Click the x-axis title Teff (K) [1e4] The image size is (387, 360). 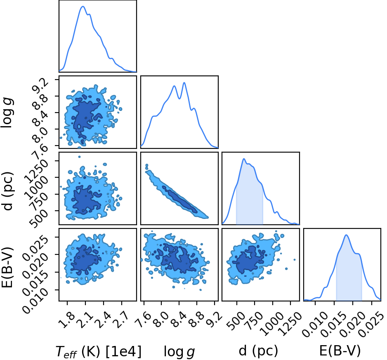(x=99, y=352)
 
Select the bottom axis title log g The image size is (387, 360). (x=179, y=352)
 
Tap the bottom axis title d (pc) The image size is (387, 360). (x=258, y=351)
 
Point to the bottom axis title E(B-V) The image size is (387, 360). (x=340, y=351)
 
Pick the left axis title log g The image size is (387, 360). (x=7, y=112)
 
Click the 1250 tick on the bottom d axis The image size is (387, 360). (x=290, y=323)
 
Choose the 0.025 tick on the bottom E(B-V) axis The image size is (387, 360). (x=370, y=324)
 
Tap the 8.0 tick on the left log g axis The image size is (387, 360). (x=40, y=135)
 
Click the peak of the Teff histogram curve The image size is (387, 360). (x=83, y=7)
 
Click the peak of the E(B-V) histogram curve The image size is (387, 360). (x=346, y=235)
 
